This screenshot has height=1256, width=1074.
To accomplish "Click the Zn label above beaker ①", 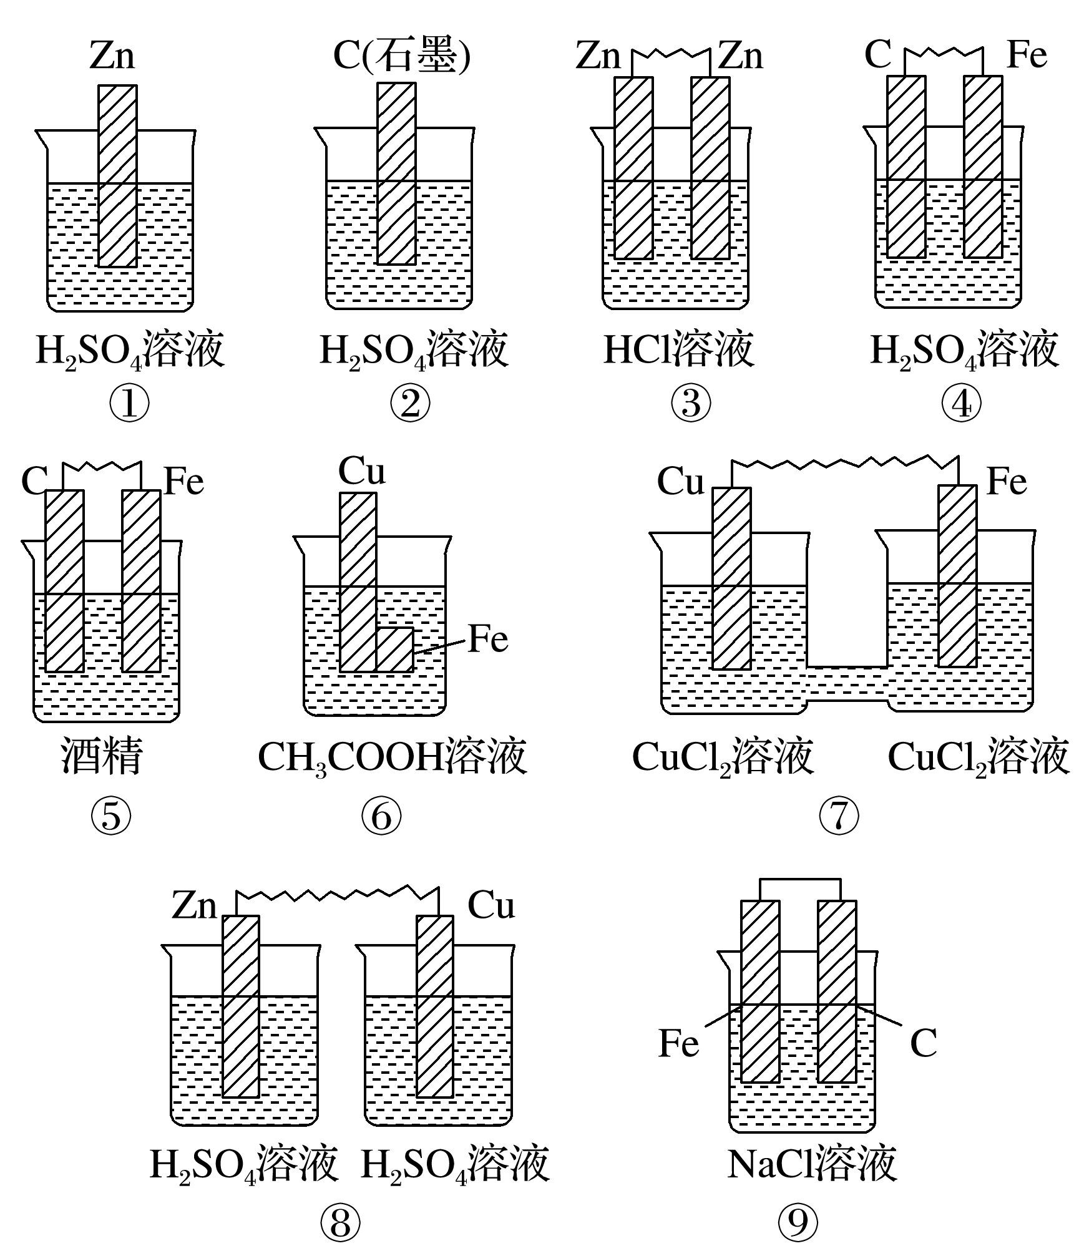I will [x=112, y=56].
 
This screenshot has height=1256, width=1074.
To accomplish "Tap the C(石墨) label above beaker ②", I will [x=401, y=56].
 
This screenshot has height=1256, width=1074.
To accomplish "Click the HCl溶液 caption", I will [x=679, y=350].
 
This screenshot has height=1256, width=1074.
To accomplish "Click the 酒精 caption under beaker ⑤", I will [x=102, y=756].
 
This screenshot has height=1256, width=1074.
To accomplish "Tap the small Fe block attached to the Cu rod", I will [x=395, y=650].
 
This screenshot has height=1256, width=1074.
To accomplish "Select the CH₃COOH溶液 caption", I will [x=392, y=757].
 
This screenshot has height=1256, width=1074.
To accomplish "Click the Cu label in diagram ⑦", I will [x=680, y=482].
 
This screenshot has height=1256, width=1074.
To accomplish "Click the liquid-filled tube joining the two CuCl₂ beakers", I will [x=847, y=683].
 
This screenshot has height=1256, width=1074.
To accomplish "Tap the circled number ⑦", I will [x=838, y=816].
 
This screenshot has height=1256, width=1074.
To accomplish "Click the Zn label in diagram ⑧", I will [x=194, y=906].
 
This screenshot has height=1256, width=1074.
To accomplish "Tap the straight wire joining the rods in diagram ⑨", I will [x=799, y=880].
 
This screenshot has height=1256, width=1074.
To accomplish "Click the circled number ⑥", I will [x=381, y=816].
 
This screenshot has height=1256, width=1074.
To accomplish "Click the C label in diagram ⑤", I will [x=34, y=482].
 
